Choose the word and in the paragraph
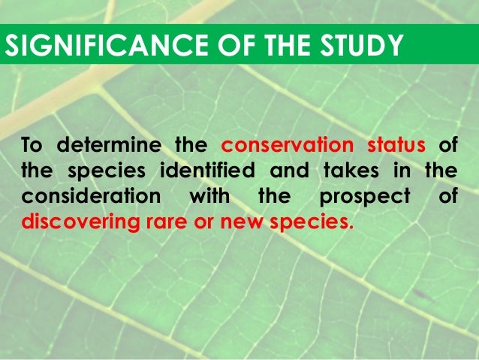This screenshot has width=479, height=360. [x=292, y=171]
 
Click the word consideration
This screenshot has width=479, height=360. [x=91, y=197]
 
